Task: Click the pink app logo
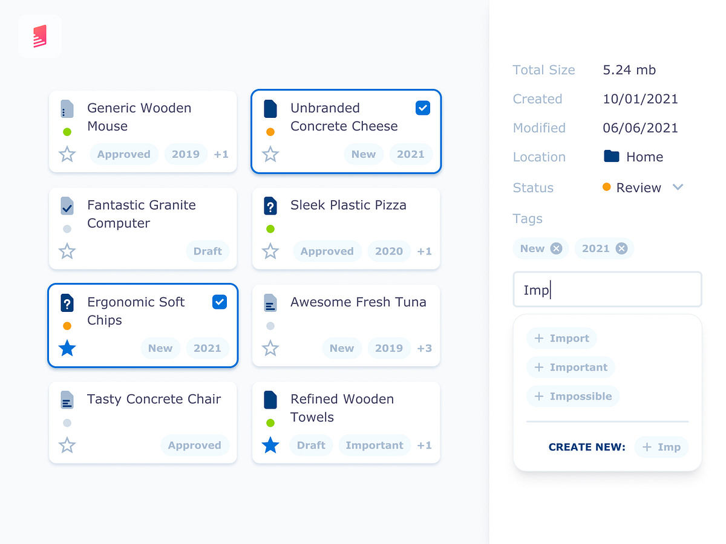[40, 36]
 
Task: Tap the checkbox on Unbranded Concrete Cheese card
[423, 108]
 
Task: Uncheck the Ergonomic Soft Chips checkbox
[220, 302]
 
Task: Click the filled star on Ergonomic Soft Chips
[67, 348]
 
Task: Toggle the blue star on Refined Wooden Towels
[270, 445]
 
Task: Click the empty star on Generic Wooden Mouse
[67, 154]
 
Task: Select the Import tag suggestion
[561, 338]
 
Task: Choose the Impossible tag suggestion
[573, 397]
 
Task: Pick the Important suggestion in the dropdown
[571, 368]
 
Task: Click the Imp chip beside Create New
[661, 447]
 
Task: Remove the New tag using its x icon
[556, 248]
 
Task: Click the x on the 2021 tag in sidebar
[621, 248]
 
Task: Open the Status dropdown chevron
[678, 187]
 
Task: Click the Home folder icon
[612, 157]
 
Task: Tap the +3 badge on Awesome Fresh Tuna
[424, 348]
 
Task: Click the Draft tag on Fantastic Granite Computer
[208, 251]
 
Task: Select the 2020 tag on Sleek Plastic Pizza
[388, 251]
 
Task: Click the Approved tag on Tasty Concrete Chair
[194, 445]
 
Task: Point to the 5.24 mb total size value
[629, 70]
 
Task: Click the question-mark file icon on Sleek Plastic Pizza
[270, 206]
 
